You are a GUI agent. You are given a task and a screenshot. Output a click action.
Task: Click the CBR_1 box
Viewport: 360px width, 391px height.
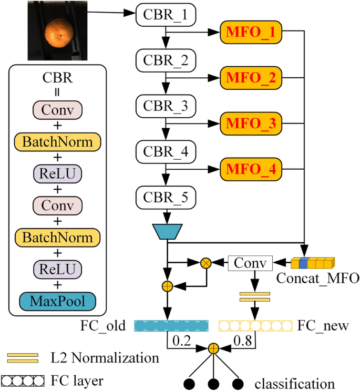click(x=166, y=16)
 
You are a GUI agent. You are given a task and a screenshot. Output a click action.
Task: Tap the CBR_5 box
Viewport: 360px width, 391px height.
click(x=166, y=198)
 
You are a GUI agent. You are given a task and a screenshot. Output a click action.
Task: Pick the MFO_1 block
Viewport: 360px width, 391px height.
click(x=251, y=33)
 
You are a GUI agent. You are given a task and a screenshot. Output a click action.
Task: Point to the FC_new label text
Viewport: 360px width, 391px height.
click(x=323, y=326)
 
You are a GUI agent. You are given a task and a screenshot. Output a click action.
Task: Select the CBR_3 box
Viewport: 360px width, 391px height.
click(x=166, y=107)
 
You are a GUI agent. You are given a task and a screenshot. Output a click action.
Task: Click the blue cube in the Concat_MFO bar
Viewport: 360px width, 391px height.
click(x=303, y=263)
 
